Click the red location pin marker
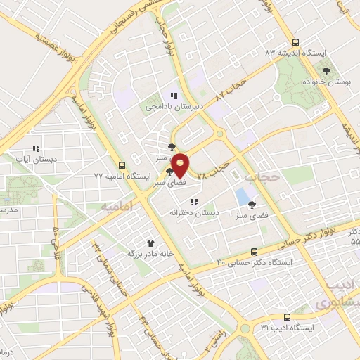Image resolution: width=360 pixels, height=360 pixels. point(181,165)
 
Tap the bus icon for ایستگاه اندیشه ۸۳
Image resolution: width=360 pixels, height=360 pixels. point(295,41)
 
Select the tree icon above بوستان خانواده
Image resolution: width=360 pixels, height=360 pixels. point(326,70)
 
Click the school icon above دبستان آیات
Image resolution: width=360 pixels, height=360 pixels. point(36,148)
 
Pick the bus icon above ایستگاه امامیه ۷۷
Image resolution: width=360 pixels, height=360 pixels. point(122,166)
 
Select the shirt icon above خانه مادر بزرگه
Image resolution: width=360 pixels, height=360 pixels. point(149,241)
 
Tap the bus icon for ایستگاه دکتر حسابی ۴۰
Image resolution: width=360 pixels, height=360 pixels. point(255,252)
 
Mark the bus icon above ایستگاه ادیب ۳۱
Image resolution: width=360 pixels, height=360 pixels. point(287,317)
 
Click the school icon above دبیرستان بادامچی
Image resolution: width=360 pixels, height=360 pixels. point(173,96)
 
